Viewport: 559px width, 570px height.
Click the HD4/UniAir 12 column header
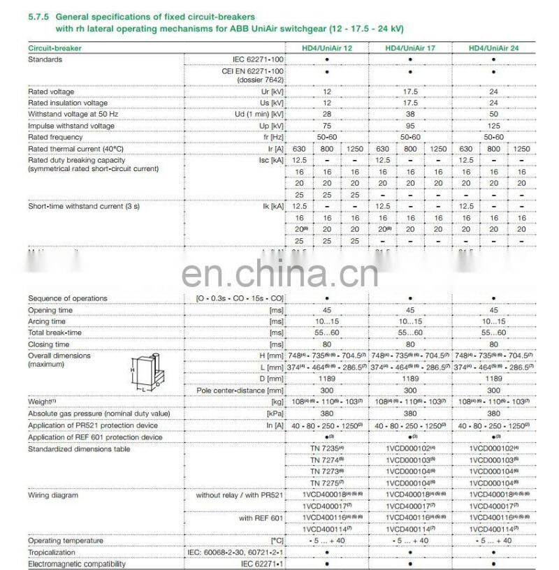click(x=327, y=48)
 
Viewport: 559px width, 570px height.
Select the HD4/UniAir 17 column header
click(x=410, y=48)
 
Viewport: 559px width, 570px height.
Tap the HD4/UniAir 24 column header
click(x=493, y=48)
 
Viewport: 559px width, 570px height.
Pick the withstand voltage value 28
click(x=327, y=114)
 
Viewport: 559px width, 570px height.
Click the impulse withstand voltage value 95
click(x=410, y=126)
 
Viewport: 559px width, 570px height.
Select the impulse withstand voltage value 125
click(x=493, y=126)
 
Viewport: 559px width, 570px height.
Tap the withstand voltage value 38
click(x=410, y=114)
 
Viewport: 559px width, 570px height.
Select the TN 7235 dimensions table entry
click(x=327, y=449)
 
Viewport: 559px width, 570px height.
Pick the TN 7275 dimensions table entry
click(x=327, y=483)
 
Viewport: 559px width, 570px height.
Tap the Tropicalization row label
click(x=52, y=552)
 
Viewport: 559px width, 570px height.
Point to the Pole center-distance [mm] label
click(x=240, y=390)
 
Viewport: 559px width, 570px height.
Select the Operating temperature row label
click(x=66, y=540)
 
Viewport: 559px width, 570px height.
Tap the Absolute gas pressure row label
click(x=99, y=414)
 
